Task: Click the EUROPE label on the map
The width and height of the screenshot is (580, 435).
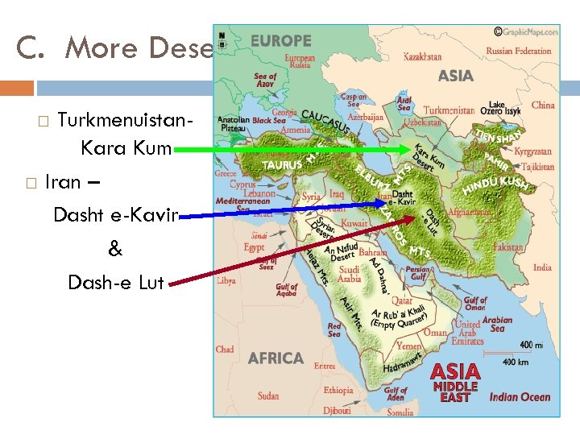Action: tap(280, 40)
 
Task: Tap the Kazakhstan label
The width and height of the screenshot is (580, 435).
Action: tap(422, 57)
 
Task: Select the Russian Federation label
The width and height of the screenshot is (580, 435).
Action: tap(519, 51)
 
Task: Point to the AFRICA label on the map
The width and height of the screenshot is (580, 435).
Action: tap(275, 358)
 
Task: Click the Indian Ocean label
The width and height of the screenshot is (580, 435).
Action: tap(520, 397)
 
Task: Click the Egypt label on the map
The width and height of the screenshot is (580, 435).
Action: tap(254, 247)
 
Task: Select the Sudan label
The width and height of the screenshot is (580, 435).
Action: tap(268, 396)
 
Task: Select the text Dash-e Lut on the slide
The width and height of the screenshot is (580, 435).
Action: tap(116, 282)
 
